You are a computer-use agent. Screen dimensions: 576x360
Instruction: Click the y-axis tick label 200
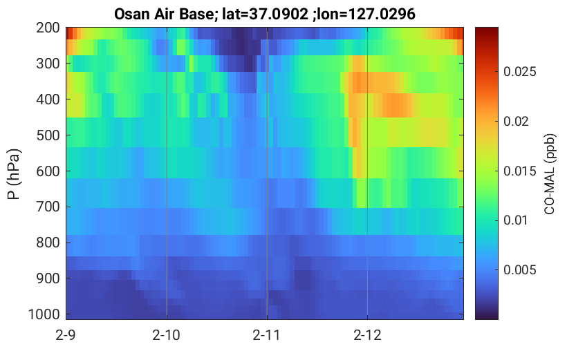pos(48,28)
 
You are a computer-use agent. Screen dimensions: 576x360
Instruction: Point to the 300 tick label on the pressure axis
pos(48,64)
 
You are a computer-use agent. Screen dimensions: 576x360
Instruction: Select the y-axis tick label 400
pos(48,100)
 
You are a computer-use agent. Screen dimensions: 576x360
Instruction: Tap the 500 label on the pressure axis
pos(48,135)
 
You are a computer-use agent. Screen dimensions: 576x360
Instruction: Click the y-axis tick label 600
pos(48,171)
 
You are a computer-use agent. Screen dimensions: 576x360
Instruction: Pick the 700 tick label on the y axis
pos(48,207)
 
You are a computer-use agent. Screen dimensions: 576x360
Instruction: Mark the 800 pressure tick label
pos(48,243)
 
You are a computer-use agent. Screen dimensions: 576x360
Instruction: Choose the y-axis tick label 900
pos(48,278)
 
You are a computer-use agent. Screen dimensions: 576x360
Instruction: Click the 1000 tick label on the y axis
pos(44,314)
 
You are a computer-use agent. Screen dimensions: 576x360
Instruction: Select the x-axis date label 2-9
pos(66,335)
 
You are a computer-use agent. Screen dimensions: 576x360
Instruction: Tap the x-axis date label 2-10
pos(167,335)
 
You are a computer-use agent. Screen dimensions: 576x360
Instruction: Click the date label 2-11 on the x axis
pos(266,335)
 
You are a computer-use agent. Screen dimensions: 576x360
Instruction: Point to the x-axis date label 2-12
pos(367,335)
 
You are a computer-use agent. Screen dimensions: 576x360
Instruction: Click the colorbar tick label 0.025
pos(520,72)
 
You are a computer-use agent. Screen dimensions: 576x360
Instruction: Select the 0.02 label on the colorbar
pos(516,122)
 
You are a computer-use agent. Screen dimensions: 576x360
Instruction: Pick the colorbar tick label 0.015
pos(520,171)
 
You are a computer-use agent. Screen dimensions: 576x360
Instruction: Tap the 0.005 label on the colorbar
pos(520,270)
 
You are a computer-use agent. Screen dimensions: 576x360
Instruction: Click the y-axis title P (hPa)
pos(14,174)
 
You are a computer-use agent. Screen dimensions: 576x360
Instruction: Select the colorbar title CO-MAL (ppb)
pos(550,174)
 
